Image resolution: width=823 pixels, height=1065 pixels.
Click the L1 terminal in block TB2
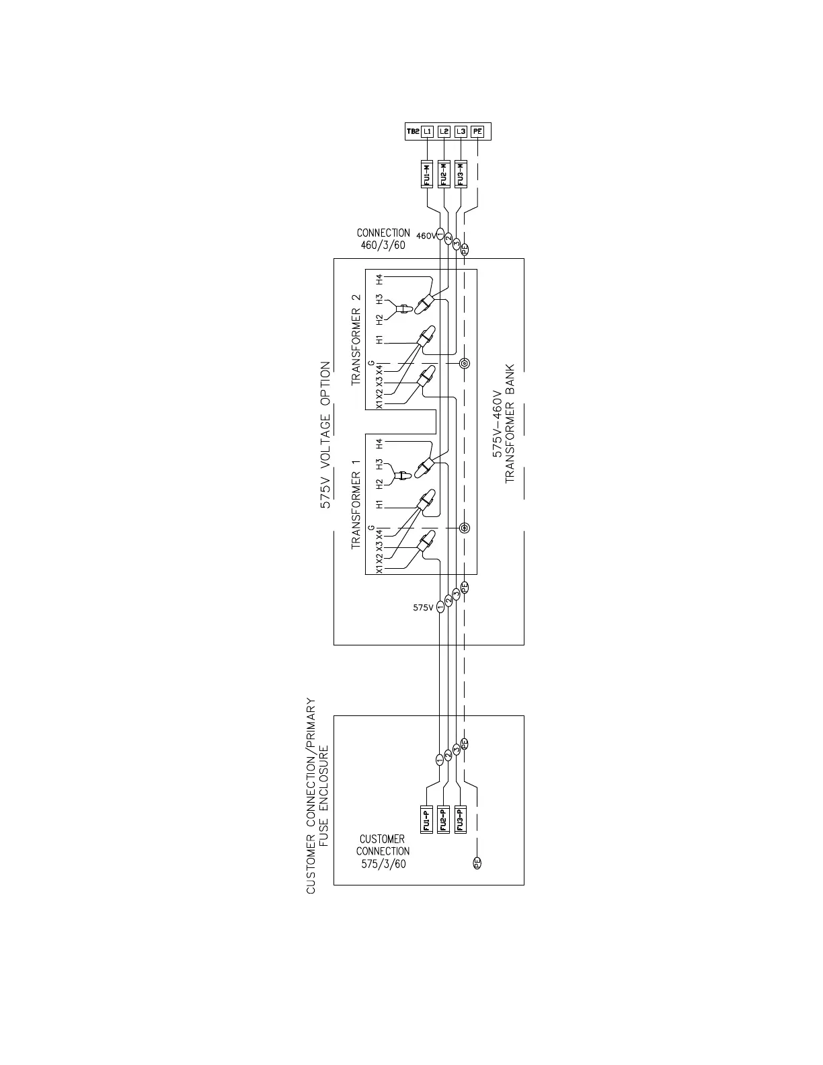click(x=428, y=132)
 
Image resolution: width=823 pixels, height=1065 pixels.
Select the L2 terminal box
click(x=444, y=132)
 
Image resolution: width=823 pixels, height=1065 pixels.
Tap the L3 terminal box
click(x=461, y=132)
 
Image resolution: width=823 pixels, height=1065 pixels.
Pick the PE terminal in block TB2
click(x=477, y=132)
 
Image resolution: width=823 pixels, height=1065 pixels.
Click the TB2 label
click(x=412, y=132)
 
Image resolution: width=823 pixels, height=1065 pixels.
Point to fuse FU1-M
click(x=426, y=174)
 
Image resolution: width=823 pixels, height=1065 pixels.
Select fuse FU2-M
click(x=443, y=174)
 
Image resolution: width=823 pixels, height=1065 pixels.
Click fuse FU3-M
click(x=460, y=174)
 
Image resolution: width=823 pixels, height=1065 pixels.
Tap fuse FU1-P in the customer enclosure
click(x=426, y=820)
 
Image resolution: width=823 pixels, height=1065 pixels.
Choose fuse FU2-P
click(x=442, y=820)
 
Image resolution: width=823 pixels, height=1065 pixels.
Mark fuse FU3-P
click(x=460, y=820)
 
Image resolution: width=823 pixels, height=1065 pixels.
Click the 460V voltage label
click(x=426, y=236)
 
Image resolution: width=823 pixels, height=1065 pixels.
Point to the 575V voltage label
click(x=424, y=607)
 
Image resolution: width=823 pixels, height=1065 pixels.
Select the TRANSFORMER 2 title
click(x=356, y=340)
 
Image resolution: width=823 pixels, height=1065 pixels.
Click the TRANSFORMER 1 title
click(x=356, y=504)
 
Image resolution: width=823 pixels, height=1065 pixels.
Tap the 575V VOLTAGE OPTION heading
click(x=325, y=435)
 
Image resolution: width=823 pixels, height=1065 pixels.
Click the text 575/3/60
click(x=383, y=864)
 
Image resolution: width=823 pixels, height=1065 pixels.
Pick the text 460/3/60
click(x=383, y=245)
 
